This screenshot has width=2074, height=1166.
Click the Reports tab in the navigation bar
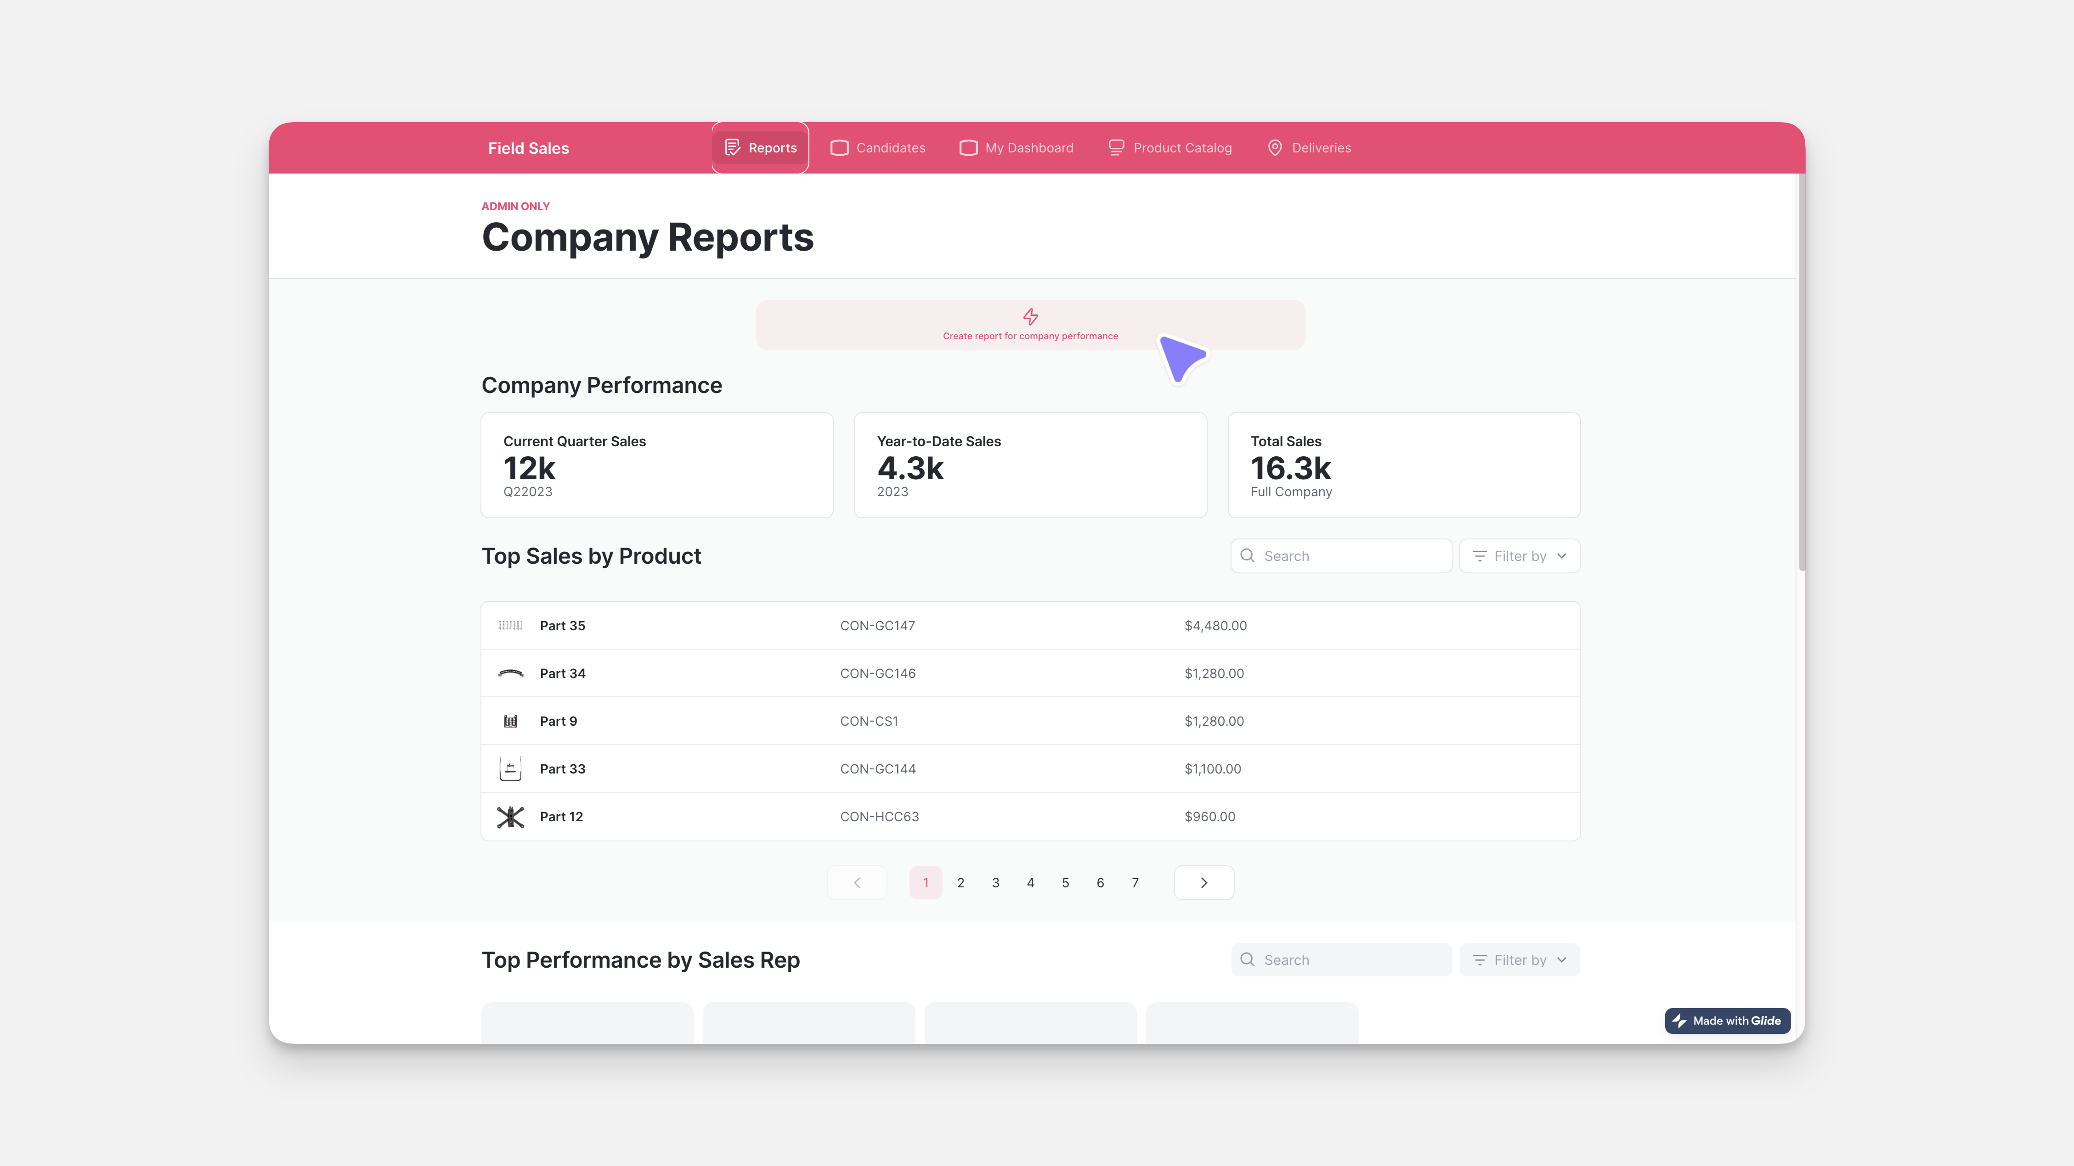(x=760, y=148)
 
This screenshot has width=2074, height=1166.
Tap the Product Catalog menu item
(x=1170, y=148)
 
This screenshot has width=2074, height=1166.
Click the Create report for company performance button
(x=1030, y=325)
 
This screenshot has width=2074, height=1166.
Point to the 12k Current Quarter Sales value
(x=529, y=468)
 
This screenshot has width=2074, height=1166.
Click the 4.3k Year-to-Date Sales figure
(x=910, y=468)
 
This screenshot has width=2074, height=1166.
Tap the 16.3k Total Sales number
(x=1290, y=468)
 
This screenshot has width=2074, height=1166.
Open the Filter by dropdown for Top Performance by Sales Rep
(x=1519, y=960)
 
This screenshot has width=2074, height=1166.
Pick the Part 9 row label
(x=558, y=721)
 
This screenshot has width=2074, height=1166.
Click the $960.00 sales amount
(x=1209, y=817)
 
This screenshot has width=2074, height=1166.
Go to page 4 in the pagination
(x=1030, y=883)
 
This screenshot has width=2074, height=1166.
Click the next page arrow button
(x=1204, y=883)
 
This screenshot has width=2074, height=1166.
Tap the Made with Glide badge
(x=1727, y=1020)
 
